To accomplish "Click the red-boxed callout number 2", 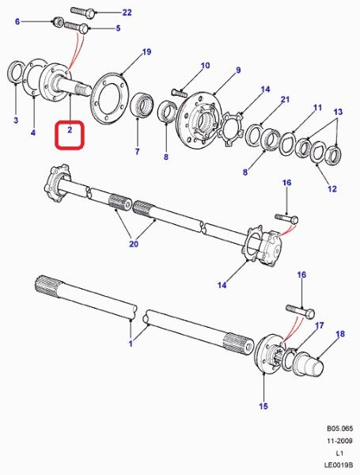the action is [x=70, y=130].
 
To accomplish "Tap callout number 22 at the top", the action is [x=127, y=13].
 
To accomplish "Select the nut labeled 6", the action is [x=58, y=22].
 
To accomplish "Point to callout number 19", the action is [x=146, y=51].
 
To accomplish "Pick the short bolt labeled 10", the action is [x=180, y=91].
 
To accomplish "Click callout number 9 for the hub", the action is [x=238, y=70].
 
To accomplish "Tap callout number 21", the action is [x=285, y=100].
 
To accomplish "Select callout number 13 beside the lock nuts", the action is [x=338, y=112].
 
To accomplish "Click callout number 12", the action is [x=332, y=188].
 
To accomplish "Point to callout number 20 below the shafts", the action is [x=134, y=244].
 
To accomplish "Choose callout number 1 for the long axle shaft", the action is [x=131, y=344].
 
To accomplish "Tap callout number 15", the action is [x=263, y=406].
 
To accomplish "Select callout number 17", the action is [x=320, y=325].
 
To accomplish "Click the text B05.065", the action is [x=339, y=428].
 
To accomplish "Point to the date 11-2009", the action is [x=339, y=441].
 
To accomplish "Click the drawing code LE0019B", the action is [x=339, y=465].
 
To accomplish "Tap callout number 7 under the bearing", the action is [x=137, y=151].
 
